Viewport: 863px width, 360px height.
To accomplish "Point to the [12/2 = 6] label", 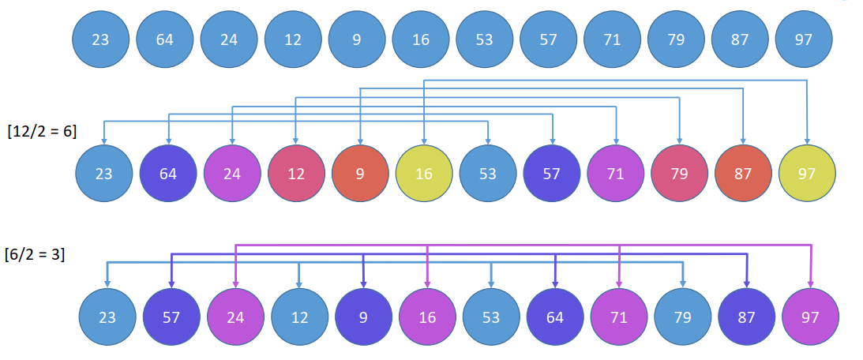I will pos(42,131).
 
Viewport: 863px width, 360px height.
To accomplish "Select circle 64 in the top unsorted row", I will pos(165,39).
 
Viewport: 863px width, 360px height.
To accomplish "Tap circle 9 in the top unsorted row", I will pos(357,39).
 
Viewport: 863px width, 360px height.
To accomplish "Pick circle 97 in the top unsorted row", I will pos(804,39).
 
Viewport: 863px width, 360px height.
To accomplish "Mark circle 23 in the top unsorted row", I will pos(100,39).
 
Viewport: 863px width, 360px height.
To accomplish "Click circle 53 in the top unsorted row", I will pos(485,39).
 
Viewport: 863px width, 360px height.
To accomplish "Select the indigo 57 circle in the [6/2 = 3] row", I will pos(171,317).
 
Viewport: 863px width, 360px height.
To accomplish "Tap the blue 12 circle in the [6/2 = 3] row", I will pos(299,317).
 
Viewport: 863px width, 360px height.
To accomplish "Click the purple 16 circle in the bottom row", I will pos(427,317).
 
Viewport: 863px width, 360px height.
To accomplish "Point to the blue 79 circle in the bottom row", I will pos(683,317).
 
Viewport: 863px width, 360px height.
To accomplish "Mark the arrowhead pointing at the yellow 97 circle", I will pos(807,141).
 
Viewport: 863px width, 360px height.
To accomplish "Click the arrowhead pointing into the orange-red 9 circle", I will pos(360,141).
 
